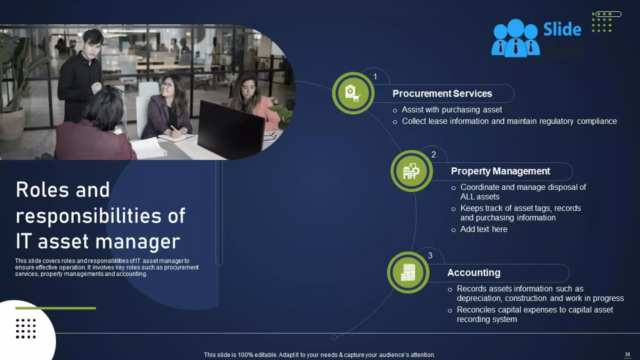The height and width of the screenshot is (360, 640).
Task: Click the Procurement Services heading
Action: click(442, 93)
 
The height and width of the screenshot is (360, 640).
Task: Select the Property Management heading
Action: click(500, 171)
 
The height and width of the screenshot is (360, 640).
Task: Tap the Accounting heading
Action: click(473, 272)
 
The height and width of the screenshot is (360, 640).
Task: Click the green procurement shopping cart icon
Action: click(353, 93)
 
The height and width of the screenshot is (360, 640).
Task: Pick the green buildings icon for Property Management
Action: click(411, 171)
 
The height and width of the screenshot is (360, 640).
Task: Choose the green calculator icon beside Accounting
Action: click(408, 272)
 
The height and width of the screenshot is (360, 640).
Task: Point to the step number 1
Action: click(375, 77)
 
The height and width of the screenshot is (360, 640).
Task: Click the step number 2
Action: click(433, 154)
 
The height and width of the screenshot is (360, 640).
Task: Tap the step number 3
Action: click(430, 256)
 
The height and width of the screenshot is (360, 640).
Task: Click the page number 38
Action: click(627, 354)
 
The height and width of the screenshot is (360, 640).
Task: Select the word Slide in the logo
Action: click(562, 29)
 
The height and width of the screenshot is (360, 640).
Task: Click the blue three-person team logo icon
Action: click(515, 39)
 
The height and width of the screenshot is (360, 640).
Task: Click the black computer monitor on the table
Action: click(230, 130)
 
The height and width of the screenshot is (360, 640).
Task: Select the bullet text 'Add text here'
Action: click(483, 229)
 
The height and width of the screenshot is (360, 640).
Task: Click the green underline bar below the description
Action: click(56, 308)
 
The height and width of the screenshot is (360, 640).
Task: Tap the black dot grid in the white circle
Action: click(26, 328)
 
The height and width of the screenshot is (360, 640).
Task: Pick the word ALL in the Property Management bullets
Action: click(467, 197)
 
